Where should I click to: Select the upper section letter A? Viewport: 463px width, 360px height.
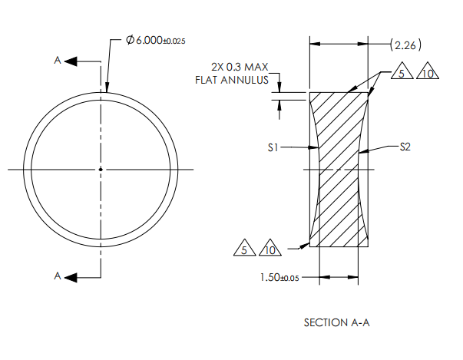[x=58, y=61]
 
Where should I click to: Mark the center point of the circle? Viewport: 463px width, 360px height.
[x=101, y=169]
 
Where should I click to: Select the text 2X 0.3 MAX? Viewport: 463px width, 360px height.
[x=240, y=66]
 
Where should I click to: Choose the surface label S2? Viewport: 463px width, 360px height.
[x=405, y=146]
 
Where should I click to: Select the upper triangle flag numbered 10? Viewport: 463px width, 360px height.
[x=426, y=73]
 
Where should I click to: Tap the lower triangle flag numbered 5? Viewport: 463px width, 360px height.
[x=243, y=249]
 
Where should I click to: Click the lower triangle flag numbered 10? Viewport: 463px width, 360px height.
[x=270, y=249]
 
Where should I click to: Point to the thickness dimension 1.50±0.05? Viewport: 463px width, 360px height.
[x=281, y=277]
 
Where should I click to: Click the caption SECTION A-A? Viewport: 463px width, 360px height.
[x=337, y=322]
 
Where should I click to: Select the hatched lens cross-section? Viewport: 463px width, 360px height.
[x=339, y=169]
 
